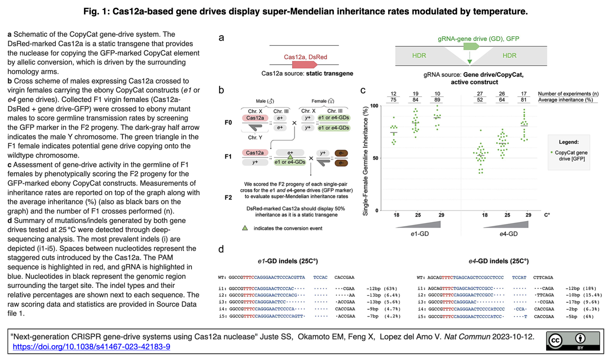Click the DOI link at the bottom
tap(91, 346)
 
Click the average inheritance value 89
tap(438, 100)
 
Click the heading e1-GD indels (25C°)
tap(288, 261)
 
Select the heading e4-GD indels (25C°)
tap(499, 261)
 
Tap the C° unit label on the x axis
tap(547, 215)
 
